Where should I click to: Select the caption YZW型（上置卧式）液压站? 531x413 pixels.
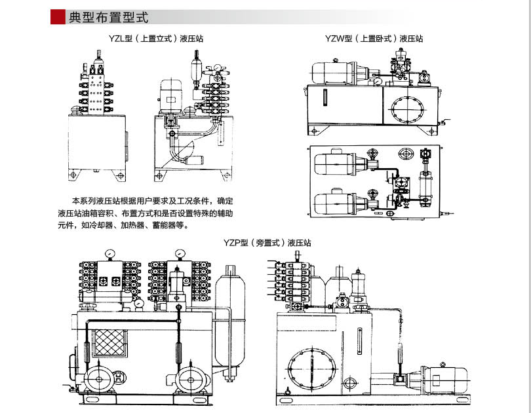[x=374, y=39]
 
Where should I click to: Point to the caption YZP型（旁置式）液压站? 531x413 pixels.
[x=267, y=243]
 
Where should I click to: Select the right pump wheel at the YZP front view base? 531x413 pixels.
[x=191, y=378]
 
